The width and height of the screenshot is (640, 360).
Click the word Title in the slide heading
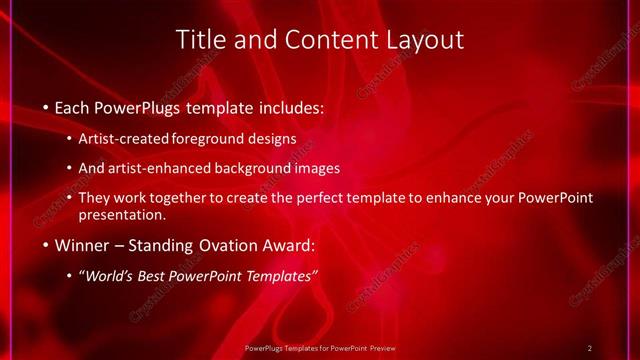coord(200,40)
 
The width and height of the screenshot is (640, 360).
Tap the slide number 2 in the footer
coord(590,348)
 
